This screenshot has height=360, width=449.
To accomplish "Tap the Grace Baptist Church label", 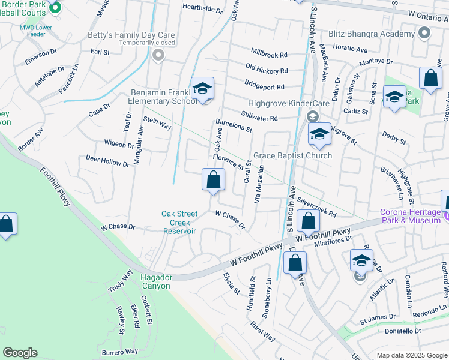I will [x=292, y=156].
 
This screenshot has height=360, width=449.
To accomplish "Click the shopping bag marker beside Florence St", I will [x=213, y=179].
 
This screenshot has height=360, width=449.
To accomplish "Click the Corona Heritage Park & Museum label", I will [x=410, y=216].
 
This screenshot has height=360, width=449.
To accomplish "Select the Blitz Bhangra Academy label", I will [x=372, y=34].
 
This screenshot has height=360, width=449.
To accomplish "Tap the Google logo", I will [x=20, y=353].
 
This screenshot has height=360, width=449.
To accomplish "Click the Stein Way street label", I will [x=157, y=124].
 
